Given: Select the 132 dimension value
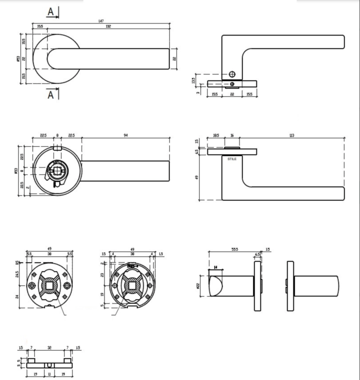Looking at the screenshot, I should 108,26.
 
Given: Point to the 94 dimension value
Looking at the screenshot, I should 126,135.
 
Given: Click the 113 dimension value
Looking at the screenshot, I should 292,135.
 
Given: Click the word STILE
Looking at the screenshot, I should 232,159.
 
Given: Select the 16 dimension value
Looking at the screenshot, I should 232,135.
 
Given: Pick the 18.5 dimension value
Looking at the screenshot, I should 216,135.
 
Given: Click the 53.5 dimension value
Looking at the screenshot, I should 234,250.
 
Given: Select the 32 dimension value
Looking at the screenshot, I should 49,348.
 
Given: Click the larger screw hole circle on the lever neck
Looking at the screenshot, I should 231,74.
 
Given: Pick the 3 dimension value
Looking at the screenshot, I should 199,92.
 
